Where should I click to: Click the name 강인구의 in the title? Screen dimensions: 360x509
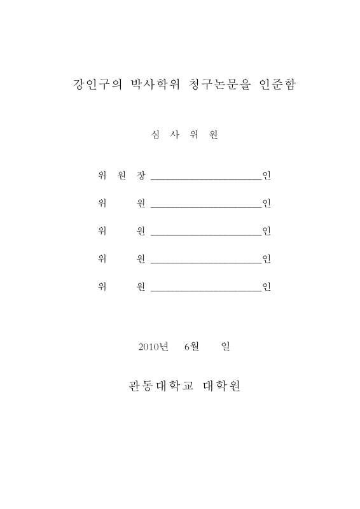click(x=95, y=85)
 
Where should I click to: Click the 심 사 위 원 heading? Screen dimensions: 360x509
click(x=181, y=135)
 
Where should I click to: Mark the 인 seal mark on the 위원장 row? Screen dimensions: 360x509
click(x=267, y=176)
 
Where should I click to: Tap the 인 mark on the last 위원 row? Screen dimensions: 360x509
click(x=267, y=286)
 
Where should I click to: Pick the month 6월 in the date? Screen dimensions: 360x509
click(x=191, y=346)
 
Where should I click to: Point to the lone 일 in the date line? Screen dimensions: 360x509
click(x=225, y=346)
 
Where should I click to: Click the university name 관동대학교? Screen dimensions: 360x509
click(x=158, y=386)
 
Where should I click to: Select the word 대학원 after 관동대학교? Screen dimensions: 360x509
click(x=221, y=386)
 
